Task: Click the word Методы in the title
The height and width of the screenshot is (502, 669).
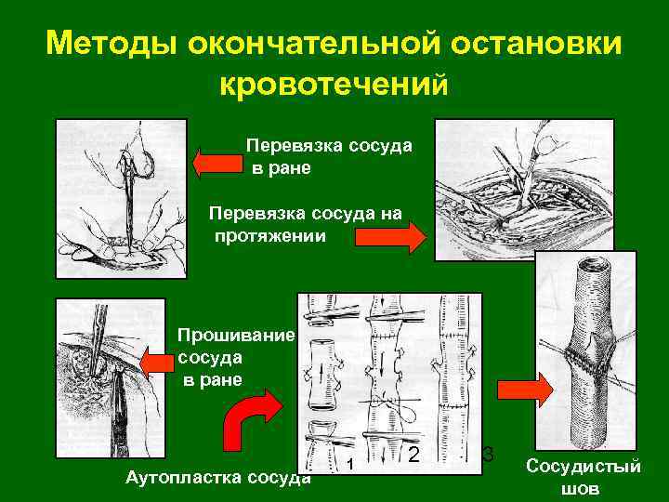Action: point(111,44)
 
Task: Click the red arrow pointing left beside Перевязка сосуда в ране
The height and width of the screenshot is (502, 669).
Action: point(216,163)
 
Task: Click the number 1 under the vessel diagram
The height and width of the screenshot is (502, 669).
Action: point(350,464)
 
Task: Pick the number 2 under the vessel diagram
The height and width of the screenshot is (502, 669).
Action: point(414,455)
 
